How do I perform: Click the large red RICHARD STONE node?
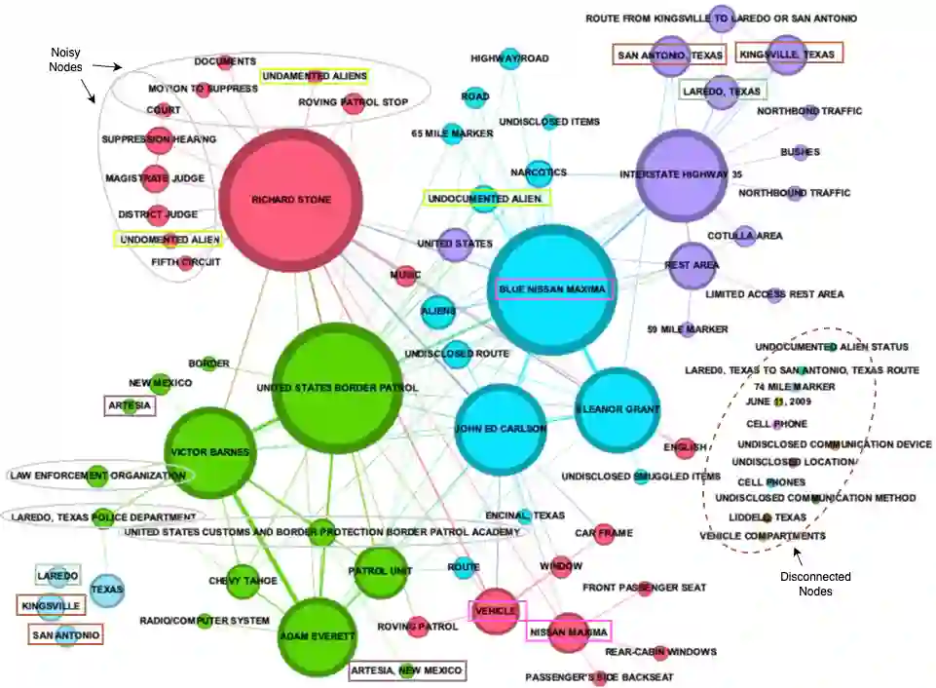click(291, 200)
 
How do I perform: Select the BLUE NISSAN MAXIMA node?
click(553, 288)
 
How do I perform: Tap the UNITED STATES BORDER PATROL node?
click(337, 388)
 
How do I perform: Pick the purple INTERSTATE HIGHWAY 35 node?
click(681, 174)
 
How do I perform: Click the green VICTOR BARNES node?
click(209, 452)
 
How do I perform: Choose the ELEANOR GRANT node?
click(618, 409)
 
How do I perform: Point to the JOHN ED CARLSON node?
click(501, 428)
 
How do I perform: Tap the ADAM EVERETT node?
click(318, 636)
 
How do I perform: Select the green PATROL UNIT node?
click(377, 569)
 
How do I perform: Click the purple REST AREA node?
click(693, 265)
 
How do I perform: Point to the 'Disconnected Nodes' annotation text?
click(815, 583)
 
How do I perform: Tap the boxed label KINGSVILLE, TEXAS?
click(788, 55)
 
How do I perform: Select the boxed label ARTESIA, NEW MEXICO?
click(407, 670)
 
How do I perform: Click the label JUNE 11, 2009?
click(778, 401)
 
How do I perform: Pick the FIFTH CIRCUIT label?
click(186, 261)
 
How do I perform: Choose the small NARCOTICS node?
click(539, 172)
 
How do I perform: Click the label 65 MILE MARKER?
click(452, 134)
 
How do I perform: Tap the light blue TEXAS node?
click(107, 589)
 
